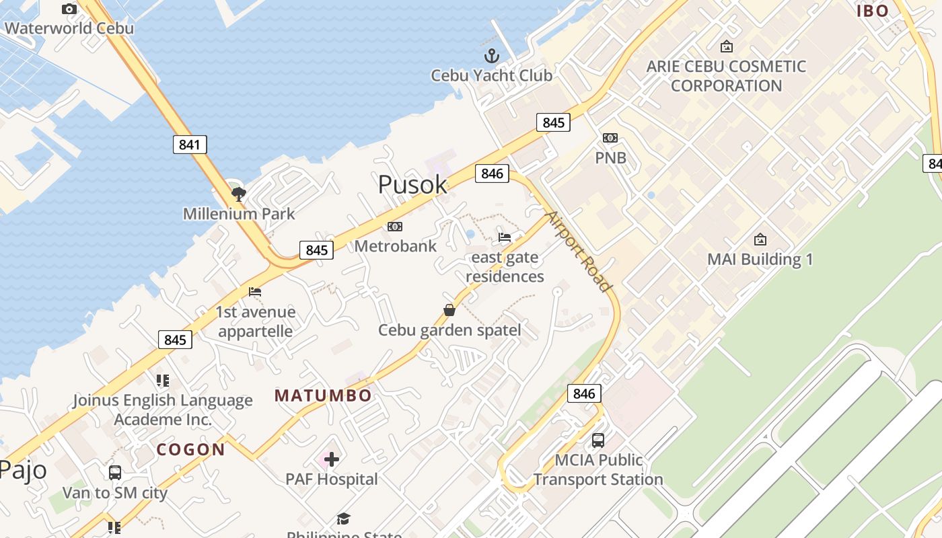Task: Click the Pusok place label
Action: [x=412, y=184]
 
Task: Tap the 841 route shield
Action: [x=190, y=145]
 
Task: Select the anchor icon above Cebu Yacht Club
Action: [x=492, y=55]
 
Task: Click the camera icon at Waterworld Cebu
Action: [x=69, y=9]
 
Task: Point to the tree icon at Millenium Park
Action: [x=238, y=194]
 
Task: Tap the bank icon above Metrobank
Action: [x=395, y=227]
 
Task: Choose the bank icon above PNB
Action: [x=610, y=138]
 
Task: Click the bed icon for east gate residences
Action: [x=505, y=237]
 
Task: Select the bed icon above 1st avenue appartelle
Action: [x=255, y=292]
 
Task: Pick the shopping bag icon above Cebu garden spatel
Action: [x=449, y=310]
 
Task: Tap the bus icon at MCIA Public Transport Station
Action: [x=597, y=440]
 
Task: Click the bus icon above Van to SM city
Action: [x=115, y=473]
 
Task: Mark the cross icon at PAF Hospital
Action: [x=332, y=459]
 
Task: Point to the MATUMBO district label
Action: [x=323, y=395]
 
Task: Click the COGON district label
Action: [x=191, y=449]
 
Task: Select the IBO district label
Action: [x=873, y=10]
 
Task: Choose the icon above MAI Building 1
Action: [x=760, y=239]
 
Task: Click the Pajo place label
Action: [x=23, y=469]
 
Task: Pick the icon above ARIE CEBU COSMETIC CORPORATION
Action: [x=726, y=46]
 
